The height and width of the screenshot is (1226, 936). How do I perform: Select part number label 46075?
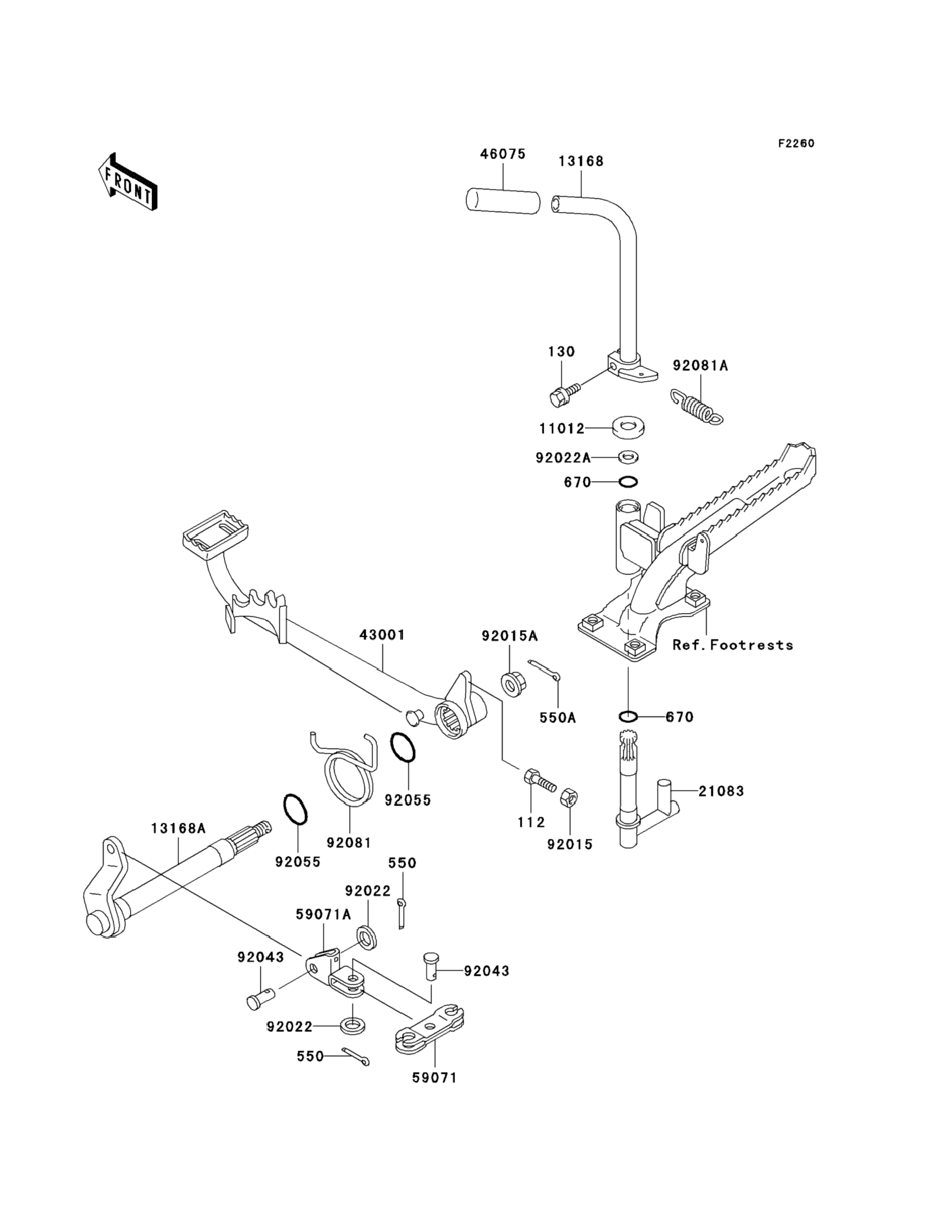pos(503,154)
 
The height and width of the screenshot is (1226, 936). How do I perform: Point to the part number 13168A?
pos(178,828)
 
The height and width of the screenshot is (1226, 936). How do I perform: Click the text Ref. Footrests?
pos(733,645)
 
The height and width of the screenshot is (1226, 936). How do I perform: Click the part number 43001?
pos(382,635)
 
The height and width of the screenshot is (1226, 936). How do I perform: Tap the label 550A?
pos(557,717)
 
